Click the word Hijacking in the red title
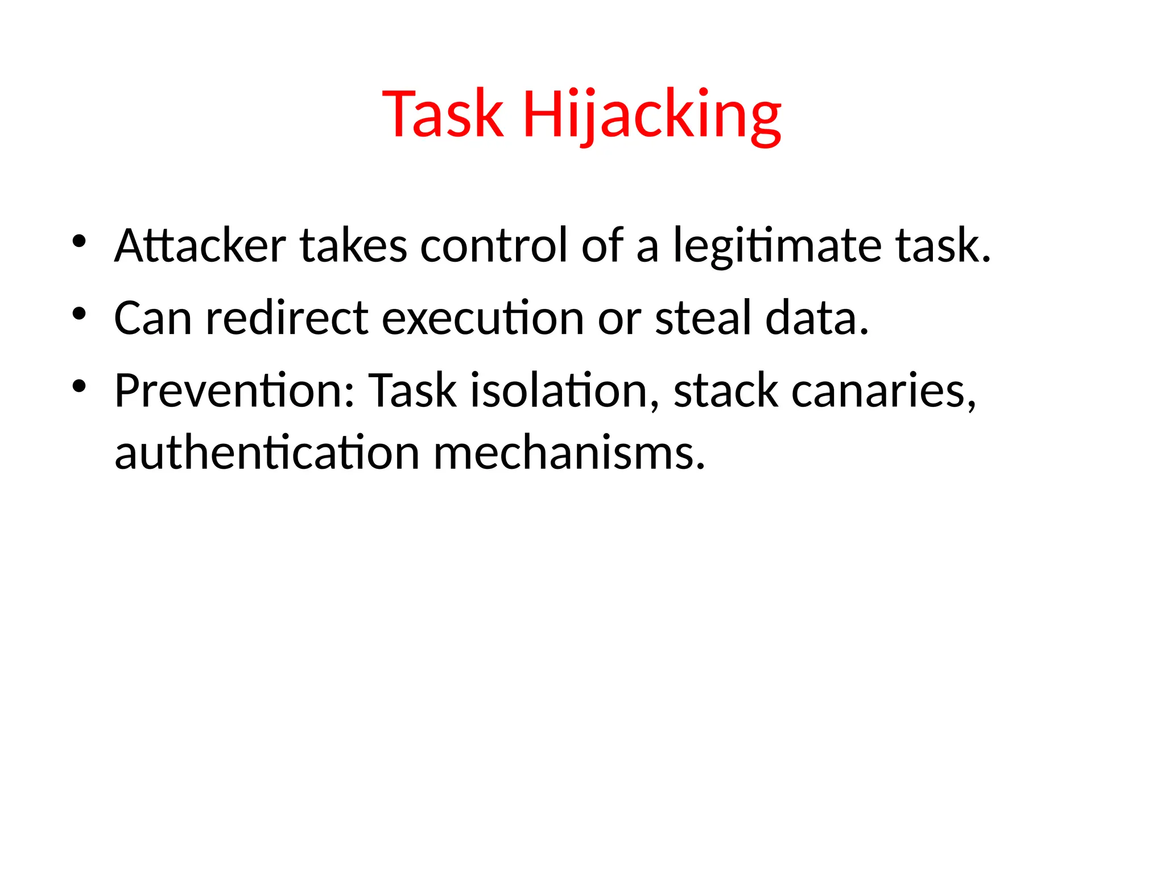click(x=652, y=116)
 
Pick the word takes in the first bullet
click(x=353, y=246)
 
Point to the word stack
click(x=725, y=391)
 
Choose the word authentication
click(x=267, y=453)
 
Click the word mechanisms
click(x=569, y=453)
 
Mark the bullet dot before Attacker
click(x=79, y=241)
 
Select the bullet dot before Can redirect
click(x=79, y=314)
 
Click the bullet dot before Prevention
click(x=79, y=386)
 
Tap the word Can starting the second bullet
click(x=152, y=318)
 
